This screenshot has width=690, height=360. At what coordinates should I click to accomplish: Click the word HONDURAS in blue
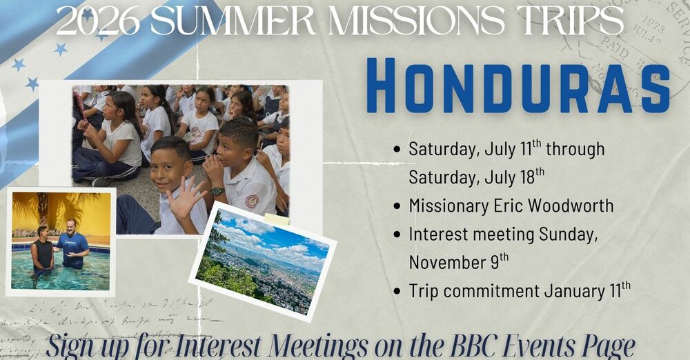click(x=517, y=86)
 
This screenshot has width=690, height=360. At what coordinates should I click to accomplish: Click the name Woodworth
click(x=569, y=206)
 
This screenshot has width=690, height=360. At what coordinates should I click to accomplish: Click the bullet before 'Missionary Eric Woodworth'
click(x=397, y=206)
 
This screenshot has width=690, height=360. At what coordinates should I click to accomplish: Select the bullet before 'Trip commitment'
click(x=397, y=291)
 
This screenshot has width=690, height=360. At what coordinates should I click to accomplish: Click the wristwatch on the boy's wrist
click(x=217, y=191)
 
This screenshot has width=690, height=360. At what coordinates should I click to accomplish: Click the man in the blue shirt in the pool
click(x=72, y=244)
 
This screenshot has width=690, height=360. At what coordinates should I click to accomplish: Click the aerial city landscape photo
click(x=262, y=262)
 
